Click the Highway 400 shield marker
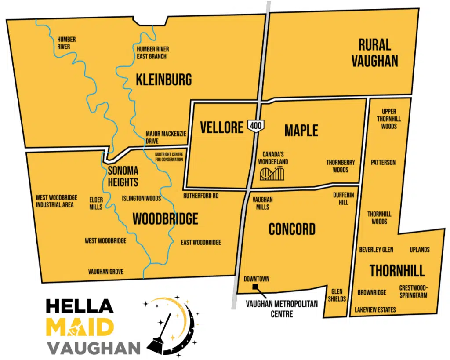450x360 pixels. (256, 126)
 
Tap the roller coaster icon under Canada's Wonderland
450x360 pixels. (272, 174)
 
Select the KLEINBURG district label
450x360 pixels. (164, 80)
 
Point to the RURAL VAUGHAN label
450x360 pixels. (374, 53)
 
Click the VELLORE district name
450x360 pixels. (221, 127)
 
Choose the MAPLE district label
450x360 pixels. (301, 130)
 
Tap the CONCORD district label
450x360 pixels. (292, 229)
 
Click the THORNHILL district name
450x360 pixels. (397, 270)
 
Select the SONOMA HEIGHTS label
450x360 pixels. (123, 176)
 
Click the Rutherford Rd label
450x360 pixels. (201, 196)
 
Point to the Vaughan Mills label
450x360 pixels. (263, 203)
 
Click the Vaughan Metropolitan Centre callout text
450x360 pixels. (269, 309)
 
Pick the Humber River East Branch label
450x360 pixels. (152, 53)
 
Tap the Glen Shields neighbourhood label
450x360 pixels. (337, 295)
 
